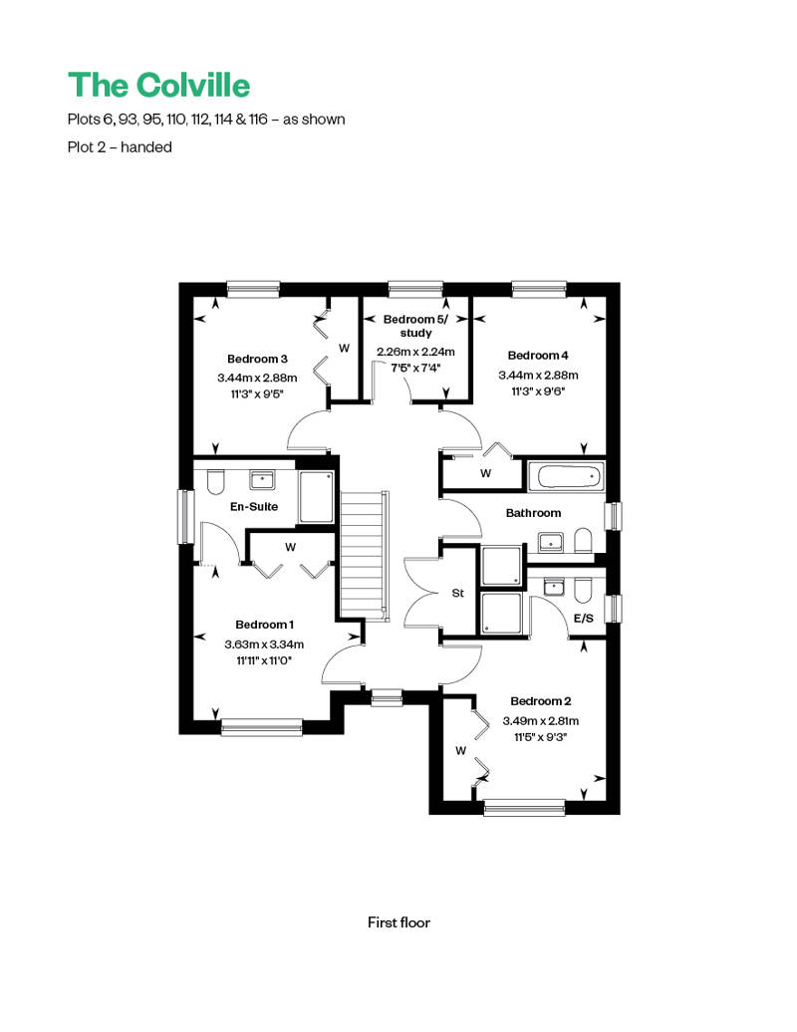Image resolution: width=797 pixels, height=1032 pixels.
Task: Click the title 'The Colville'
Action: [x=158, y=86]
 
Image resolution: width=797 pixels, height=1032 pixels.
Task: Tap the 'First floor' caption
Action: [x=398, y=922]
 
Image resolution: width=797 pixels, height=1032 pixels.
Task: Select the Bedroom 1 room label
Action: [x=265, y=625]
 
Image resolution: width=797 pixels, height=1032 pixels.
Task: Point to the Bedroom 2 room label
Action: [x=540, y=701]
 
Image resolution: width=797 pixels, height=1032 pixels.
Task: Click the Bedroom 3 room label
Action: [x=257, y=360]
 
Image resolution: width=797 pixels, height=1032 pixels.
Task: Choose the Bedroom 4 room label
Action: [x=538, y=356]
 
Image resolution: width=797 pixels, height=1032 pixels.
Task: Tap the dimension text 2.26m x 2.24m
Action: [x=415, y=352]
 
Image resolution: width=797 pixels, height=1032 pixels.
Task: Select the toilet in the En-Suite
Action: [x=216, y=482]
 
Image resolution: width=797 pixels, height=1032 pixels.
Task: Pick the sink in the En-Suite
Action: [x=262, y=480]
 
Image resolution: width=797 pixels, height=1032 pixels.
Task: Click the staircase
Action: [x=362, y=554]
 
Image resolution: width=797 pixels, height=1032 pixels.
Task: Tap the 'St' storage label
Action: [x=458, y=593]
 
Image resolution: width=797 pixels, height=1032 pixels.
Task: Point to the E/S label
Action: [x=584, y=618]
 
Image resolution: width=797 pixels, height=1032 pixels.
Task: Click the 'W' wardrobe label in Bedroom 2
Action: [x=460, y=751]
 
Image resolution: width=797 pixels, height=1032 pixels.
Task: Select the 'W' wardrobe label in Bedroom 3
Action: [x=344, y=349]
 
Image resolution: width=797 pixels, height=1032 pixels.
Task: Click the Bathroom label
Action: [x=534, y=513]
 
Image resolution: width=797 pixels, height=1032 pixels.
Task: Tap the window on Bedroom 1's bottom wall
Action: [x=262, y=727]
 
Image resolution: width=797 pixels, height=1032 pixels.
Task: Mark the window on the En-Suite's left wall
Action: [x=185, y=516]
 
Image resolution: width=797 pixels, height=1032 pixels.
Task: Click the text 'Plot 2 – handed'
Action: [x=120, y=146]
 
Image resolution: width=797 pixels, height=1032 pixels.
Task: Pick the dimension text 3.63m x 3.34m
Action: [x=264, y=645]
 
